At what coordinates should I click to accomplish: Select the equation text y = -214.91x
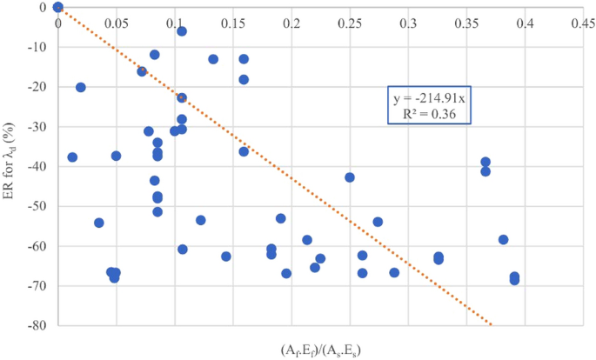click(x=430, y=99)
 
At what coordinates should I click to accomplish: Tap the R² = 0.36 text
click(x=430, y=114)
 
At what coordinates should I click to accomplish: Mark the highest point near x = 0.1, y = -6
click(x=182, y=31)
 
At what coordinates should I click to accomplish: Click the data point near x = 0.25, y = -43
click(x=350, y=177)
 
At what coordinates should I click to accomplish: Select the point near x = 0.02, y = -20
click(x=81, y=87)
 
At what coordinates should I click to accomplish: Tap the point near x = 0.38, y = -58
click(x=503, y=239)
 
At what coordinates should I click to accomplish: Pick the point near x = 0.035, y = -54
click(x=99, y=223)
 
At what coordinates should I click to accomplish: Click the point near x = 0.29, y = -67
click(x=394, y=272)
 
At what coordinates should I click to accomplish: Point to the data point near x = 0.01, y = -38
click(x=72, y=157)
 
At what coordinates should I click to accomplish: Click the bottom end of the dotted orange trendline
click(x=491, y=325)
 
